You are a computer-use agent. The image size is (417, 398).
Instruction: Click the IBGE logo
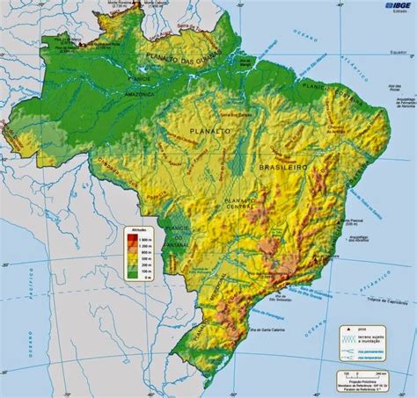pos(392,7)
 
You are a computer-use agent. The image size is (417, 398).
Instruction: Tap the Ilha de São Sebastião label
pos(303,295)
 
